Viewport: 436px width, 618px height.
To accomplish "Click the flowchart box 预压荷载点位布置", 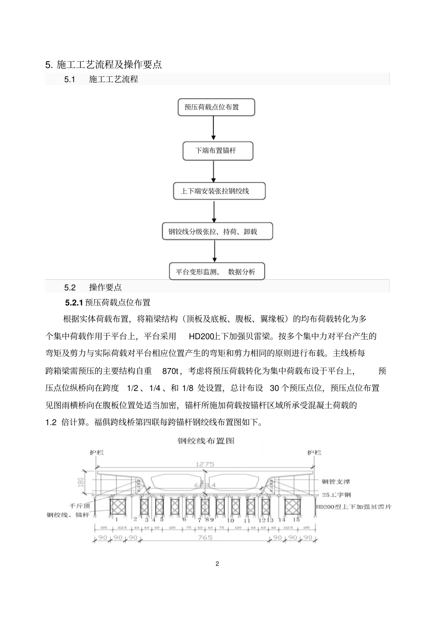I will point(216,108).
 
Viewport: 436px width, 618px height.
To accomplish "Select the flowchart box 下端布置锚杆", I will point(218,151).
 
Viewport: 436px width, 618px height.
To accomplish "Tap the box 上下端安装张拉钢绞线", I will point(219,191).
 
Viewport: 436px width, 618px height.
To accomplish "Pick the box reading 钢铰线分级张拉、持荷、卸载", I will point(217,232).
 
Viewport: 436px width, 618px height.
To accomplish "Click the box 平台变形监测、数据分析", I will point(217,272).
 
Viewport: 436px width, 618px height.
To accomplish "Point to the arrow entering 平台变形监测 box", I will point(215,251).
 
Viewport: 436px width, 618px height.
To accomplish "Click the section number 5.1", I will point(70,79).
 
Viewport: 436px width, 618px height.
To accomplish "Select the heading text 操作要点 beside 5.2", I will point(106,288).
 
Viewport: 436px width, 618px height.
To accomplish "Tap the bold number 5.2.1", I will point(73,303).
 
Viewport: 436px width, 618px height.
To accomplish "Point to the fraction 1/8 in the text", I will point(188,388).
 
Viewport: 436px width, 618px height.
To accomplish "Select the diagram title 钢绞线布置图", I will point(206,441).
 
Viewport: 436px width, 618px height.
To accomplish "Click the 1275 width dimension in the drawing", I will point(205,464).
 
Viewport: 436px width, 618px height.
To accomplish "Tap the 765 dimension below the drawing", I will point(204,537).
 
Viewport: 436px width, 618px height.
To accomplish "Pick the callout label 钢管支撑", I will point(335,482).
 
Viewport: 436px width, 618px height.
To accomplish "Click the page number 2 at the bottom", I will point(218,564).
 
